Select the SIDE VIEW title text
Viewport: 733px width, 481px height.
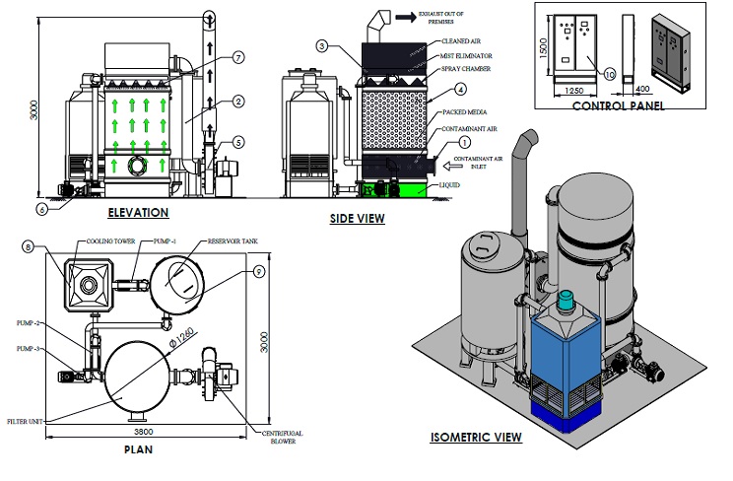click(357, 219)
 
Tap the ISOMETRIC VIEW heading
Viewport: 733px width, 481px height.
click(475, 438)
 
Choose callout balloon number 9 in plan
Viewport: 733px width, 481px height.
click(259, 272)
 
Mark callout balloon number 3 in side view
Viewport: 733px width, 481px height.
click(322, 46)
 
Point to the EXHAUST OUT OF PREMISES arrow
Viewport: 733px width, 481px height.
click(404, 17)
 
